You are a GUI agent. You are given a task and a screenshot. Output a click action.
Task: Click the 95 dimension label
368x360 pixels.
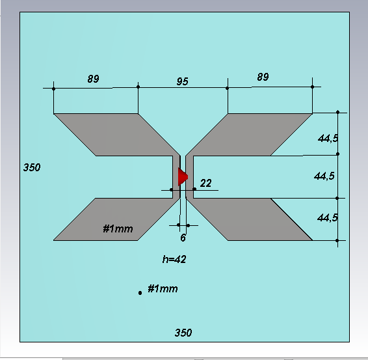[182, 81]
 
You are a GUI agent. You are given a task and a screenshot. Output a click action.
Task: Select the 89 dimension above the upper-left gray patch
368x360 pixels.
[93, 79]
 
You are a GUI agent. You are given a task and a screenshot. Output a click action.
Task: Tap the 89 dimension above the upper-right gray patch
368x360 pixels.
[263, 77]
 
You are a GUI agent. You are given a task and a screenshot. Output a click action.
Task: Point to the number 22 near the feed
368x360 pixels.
[206, 183]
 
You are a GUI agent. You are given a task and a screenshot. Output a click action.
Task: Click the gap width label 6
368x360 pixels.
[183, 238]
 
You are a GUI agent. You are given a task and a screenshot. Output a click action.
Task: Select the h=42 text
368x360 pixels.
[174, 260]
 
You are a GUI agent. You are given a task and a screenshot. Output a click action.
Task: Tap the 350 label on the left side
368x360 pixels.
[32, 167]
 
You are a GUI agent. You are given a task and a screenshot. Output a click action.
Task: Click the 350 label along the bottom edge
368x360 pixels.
[183, 333]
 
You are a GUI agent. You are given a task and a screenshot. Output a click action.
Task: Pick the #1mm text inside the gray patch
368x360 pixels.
[118, 228]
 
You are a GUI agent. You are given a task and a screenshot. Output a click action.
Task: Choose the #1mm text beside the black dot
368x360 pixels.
[163, 288]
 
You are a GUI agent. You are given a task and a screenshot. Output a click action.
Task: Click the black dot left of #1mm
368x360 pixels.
[140, 293]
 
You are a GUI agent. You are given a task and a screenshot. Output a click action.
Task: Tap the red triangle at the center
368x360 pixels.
[183, 176]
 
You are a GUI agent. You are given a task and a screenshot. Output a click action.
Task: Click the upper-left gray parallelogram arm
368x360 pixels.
[117, 135]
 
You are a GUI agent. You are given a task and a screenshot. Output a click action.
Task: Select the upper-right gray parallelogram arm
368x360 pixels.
[249, 135]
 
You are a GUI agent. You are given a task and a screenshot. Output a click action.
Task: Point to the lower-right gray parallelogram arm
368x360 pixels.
[249, 219]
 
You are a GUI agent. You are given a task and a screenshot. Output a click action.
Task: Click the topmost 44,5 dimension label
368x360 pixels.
[328, 138]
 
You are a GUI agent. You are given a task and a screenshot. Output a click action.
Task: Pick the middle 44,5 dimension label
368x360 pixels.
[324, 176]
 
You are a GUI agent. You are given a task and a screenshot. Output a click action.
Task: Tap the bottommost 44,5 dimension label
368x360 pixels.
[328, 217]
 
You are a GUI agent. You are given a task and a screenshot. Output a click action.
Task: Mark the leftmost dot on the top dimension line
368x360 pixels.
[54, 89]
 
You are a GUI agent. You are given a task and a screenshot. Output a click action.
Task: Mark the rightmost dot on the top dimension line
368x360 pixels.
[312, 87]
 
